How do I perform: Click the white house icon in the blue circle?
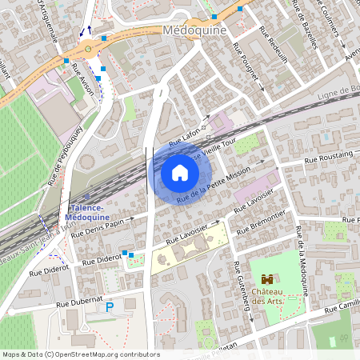[x=180, y=173]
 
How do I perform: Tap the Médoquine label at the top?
[x=194, y=30]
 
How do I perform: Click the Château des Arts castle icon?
[x=268, y=280]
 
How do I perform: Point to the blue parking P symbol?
[x=110, y=306]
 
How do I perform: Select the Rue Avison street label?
[x=82, y=80]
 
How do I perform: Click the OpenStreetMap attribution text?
[x=80, y=354]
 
